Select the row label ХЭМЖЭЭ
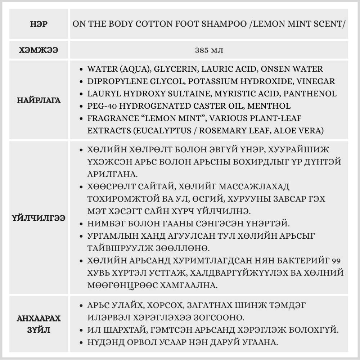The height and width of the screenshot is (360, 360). pyautogui.click(x=39, y=50)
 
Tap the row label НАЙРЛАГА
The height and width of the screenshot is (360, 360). pyautogui.click(x=39, y=100)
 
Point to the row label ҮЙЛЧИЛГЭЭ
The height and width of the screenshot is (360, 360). pyautogui.click(x=39, y=219)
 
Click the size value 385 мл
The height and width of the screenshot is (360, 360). pyautogui.click(x=209, y=50)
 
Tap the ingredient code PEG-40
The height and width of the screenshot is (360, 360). pyautogui.click(x=99, y=106)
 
